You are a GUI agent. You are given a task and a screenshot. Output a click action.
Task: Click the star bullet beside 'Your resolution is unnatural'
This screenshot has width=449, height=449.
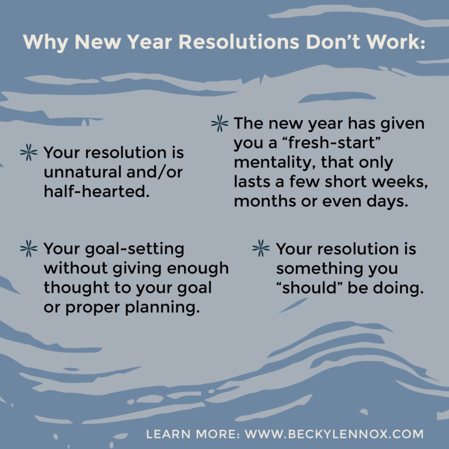point(28,153)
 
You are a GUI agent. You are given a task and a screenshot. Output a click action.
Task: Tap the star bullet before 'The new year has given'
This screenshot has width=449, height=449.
point(220,124)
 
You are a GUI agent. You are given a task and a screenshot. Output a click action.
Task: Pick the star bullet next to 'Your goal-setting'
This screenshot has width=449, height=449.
point(28,248)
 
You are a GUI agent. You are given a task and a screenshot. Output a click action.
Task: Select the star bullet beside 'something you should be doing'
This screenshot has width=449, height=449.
point(261,248)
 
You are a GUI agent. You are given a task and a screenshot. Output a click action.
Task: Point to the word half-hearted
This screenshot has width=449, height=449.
point(97,192)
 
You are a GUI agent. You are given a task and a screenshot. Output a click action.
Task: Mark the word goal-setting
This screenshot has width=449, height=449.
point(132,248)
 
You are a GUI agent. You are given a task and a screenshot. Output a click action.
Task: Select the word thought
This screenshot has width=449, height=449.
point(75,288)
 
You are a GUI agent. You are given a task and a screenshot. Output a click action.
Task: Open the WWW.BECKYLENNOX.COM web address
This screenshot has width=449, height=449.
point(334,434)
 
